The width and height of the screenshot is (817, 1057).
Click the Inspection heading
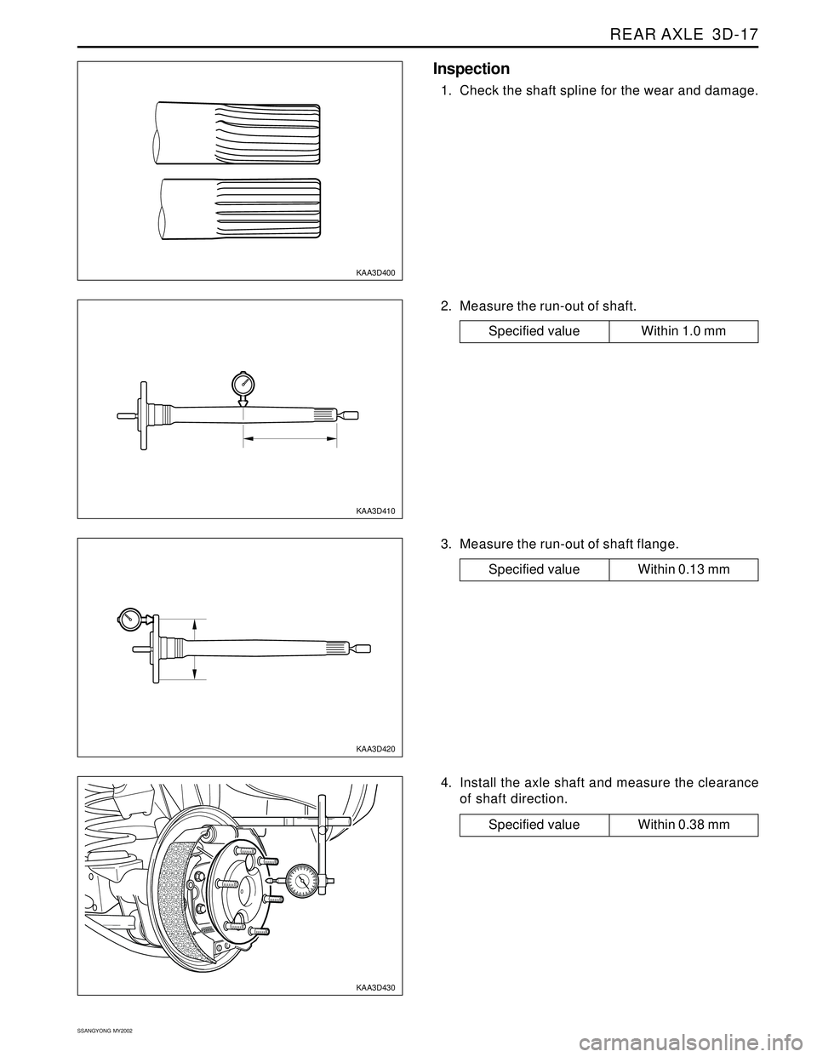[471, 69]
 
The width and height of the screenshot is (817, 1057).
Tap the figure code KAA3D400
[375, 272]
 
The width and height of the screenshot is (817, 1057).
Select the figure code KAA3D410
[375, 511]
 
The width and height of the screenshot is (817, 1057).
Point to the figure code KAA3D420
[375, 749]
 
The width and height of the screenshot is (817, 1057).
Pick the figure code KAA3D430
[375, 987]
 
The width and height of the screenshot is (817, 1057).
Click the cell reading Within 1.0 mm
[683, 331]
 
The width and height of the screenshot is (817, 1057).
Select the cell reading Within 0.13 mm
[683, 569]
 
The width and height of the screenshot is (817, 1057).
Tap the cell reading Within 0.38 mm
[683, 825]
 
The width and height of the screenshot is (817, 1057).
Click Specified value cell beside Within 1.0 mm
[534, 331]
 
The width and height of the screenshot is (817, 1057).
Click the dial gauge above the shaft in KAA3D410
[243, 384]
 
